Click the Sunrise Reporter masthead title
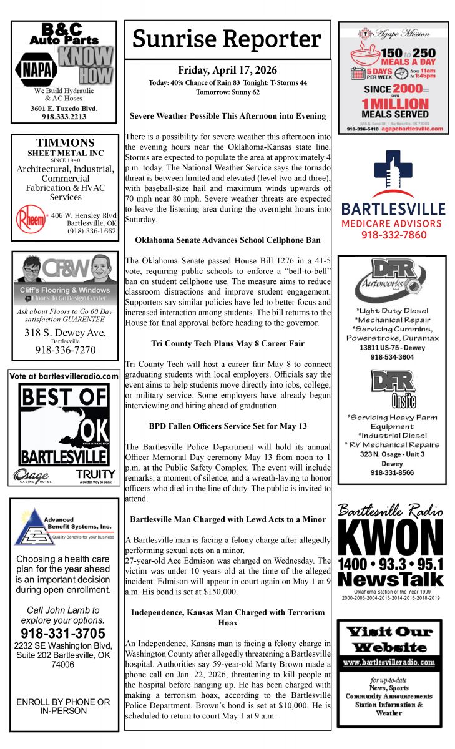click(x=227, y=39)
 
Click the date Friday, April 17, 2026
click(x=227, y=71)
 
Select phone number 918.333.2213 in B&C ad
click(x=64, y=117)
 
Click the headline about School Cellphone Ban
click(x=227, y=240)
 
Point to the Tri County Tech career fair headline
click(x=227, y=343)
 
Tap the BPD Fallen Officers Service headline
click(x=227, y=426)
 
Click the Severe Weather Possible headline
click(x=227, y=115)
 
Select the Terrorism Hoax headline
click(x=227, y=617)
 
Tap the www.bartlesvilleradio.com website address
click(x=389, y=662)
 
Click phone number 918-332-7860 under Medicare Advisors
click(x=393, y=235)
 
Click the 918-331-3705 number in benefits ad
click(x=64, y=634)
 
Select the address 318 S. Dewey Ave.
click(x=64, y=333)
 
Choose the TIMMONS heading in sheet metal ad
click(x=64, y=144)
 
